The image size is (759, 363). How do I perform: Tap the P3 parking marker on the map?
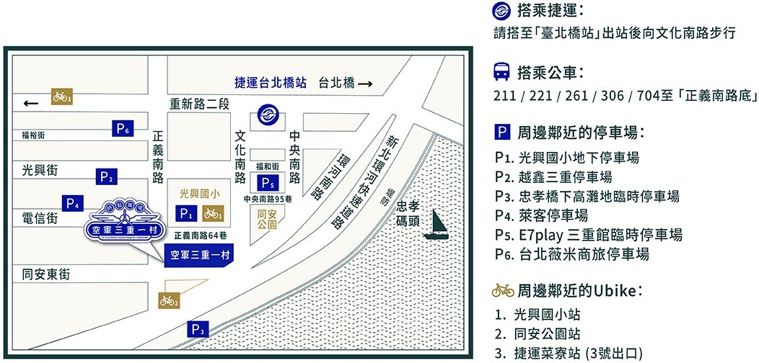[198, 330]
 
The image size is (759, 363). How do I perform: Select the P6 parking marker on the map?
[123, 129]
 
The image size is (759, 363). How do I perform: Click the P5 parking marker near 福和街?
[268, 182]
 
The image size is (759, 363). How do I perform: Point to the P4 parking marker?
[73, 203]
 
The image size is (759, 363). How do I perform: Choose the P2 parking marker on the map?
[107, 176]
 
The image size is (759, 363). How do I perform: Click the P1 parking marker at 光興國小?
[187, 213]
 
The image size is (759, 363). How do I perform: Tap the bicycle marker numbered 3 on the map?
[61, 97]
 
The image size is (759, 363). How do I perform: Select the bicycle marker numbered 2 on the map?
[168, 300]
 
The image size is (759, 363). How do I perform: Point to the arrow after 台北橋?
[365, 84]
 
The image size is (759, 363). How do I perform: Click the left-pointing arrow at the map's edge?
[30, 104]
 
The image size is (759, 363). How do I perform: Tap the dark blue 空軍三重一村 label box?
[195, 254]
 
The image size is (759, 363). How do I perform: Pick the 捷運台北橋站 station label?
[271, 83]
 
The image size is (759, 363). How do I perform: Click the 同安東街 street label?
[46, 274]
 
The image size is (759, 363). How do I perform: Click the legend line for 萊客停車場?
[541, 215]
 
